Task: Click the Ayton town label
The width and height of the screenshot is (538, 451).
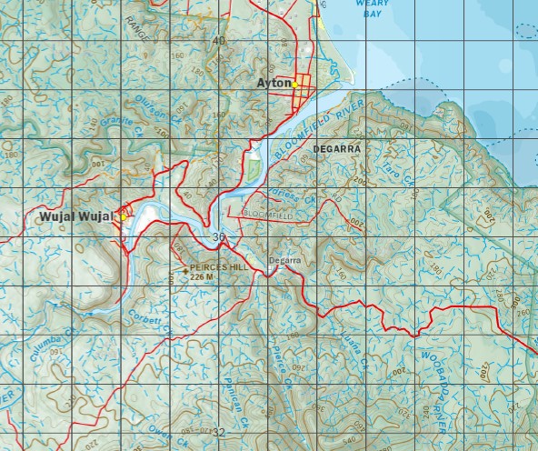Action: coord(274,82)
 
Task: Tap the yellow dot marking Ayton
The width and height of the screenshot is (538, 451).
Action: coord(295,84)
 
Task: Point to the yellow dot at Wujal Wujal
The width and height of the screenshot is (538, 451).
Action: coord(123,217)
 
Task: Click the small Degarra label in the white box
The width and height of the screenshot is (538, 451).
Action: coord(284,262)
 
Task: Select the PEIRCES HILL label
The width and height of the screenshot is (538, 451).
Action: coord(219,267)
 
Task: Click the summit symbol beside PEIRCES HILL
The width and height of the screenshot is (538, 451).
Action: coord(185,269)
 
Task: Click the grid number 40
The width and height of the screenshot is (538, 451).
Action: coord(218,41)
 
